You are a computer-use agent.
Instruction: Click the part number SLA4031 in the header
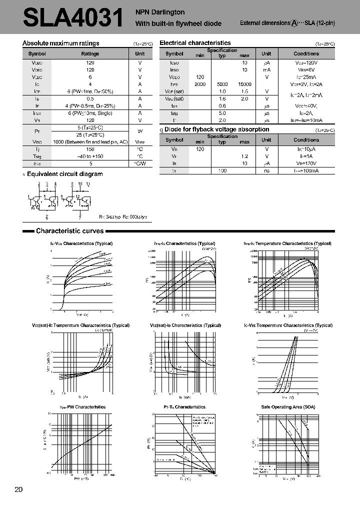[73, 19]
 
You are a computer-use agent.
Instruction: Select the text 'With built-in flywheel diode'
[178, 23]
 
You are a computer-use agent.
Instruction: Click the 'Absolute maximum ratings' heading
[61, 43]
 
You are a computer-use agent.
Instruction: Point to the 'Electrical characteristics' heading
[195, 43]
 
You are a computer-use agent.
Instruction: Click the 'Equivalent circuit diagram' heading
[64, 174]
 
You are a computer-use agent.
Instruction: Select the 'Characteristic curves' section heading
[69, 231]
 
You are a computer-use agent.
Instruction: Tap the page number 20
[19, 489]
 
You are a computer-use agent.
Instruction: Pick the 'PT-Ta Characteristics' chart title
[184, 407]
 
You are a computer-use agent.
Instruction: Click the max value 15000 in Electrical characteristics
[244, 84]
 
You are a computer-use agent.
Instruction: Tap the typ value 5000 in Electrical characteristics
[222, 84]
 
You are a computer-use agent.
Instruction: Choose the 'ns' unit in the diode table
[266, 171]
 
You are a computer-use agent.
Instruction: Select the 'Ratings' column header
[90, 53]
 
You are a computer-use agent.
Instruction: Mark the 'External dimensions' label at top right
[265, 23]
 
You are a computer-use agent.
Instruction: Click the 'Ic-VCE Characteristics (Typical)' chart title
[81, 243]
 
